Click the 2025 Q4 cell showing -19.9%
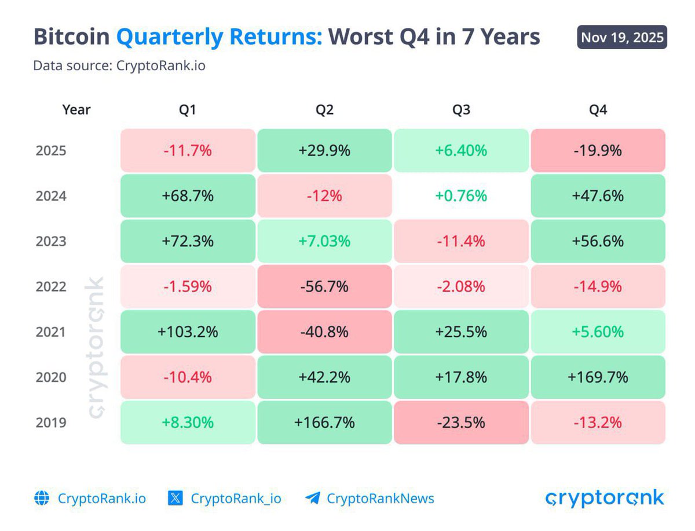pos(598,151)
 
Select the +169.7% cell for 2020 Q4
pos(598,377)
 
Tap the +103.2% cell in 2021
pos(188,332)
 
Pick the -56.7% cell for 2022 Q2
pos(324,286)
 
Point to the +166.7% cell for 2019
pos(324,423)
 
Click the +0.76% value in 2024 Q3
pos(461,196)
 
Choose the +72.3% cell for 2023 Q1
pos(188,241)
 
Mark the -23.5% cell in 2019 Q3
pos(461,423)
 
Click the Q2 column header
pos(324,110)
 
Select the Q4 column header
pos(598,110)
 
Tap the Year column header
pos(76,110)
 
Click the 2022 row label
pos(51,286)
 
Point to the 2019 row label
pos(51,423)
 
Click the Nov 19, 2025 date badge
pos(622,38)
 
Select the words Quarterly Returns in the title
pos(219,37)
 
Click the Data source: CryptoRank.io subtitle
pos(119,66)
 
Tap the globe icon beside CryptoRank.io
pos(42,499)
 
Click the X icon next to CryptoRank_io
pos(175,499)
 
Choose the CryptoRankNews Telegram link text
pos(380,499)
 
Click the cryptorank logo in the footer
pos(605,498)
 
